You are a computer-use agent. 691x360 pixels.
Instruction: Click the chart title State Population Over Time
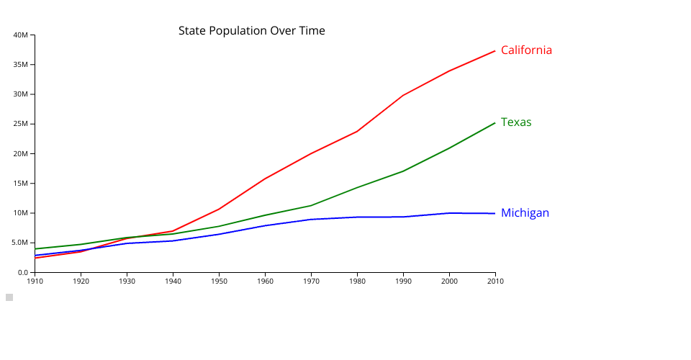(251, 31)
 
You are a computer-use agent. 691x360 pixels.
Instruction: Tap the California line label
(526, 50)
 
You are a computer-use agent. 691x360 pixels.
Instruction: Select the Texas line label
(516, 122)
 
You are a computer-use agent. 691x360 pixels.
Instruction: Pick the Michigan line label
(525, 213)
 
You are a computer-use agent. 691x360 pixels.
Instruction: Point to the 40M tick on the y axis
(21, 35)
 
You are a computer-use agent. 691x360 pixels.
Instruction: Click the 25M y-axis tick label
(21, 124)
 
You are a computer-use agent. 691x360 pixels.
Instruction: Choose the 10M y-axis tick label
(21, 213)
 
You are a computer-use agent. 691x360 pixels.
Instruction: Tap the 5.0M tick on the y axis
(19, 243)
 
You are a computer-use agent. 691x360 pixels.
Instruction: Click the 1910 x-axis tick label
(35, 281)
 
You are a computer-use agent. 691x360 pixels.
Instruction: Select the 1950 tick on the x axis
(219, 281)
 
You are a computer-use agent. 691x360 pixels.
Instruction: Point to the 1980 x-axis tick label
(357, 281)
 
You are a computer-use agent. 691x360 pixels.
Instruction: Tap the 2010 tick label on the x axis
(495, 281)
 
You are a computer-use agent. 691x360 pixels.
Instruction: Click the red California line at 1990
(403, 95)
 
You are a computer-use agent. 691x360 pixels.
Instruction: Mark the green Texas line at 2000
(449, 148)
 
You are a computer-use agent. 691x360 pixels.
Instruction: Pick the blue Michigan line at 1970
(311, 219)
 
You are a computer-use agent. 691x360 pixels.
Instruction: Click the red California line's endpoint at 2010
(495, 51)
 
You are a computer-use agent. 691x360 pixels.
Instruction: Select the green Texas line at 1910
(35, 248)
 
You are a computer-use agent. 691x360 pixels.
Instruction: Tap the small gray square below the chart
(9, 297)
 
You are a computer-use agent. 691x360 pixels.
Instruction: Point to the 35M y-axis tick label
(21, 65)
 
